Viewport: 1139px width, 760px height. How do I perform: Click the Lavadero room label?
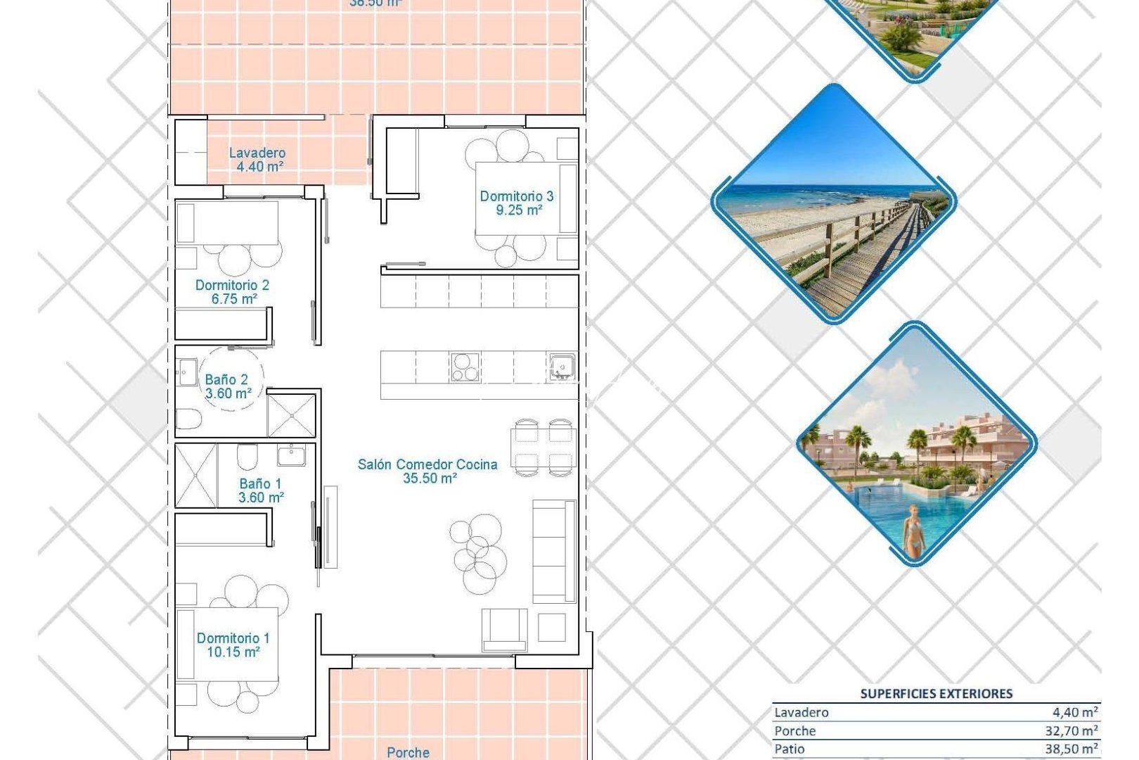(257, 153)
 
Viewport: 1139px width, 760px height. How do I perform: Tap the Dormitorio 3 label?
(516, 196)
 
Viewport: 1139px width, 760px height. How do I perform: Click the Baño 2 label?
(226, 379)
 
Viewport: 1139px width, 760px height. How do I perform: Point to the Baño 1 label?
(260, 483)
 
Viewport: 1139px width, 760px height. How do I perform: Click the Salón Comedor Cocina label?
(427, 464)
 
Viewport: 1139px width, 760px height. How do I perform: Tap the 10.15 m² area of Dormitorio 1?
(233, 652)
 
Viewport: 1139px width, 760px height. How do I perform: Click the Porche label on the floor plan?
(408, 752)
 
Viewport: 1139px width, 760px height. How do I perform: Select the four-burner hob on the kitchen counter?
(465, 367)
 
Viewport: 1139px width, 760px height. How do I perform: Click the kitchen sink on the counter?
(562, 367)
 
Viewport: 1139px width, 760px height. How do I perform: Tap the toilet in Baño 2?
(188, 420)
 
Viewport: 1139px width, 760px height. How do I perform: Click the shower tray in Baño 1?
(195, 475)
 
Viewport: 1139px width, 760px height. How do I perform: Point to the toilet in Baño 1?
(247, 457)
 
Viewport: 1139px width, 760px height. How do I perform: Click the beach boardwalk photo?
(834, 204)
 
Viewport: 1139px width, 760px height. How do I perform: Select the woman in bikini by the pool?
(913, 531)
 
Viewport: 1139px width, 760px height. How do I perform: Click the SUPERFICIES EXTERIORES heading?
(936, 694)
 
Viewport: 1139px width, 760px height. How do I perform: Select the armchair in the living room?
(504, 629)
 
